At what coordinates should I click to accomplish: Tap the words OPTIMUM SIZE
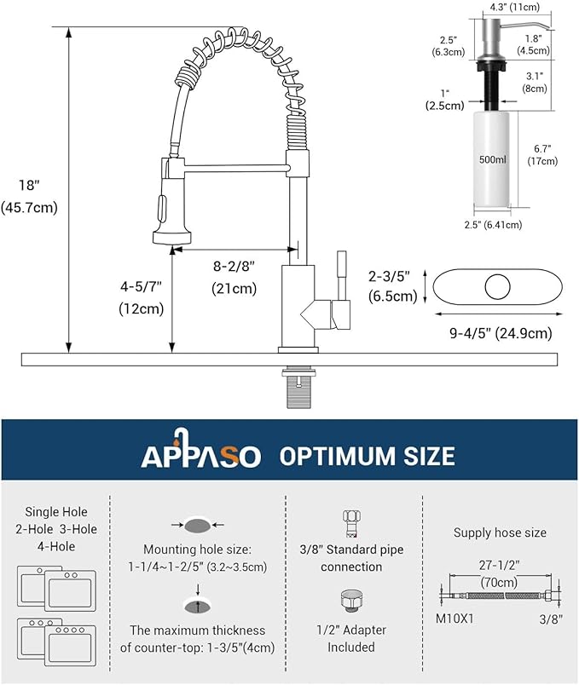pyautogui.click(x=367, y=456)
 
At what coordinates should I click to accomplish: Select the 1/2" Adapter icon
pyautogui.click(x=350, y=602)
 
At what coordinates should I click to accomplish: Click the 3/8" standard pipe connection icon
pyautogui.click(x=350, y=521)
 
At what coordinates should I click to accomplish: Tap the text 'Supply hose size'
pyautogui.click(x=500, y=532)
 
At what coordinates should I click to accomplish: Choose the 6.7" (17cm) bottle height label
pyautogui.click(x=542, y=153)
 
